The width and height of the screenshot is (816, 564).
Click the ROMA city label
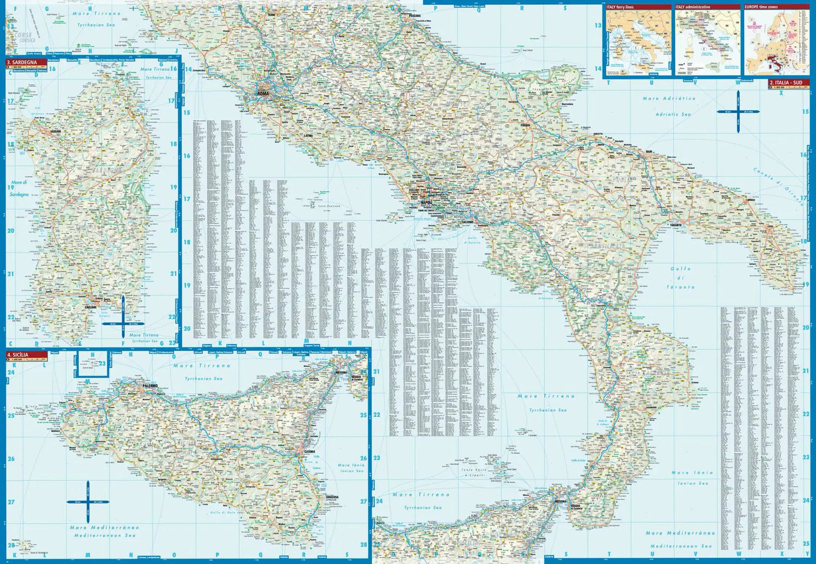click(x=263, y=94)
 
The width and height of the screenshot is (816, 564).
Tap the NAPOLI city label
click(x=426, y=202)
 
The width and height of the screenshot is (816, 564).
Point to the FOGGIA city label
click(x=524, y=126)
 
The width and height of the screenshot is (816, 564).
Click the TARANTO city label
click(x=676, y=225)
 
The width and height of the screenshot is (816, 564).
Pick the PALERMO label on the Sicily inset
click(x=150, y=386)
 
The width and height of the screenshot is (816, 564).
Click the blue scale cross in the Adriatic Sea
click(x=738, y=112)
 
